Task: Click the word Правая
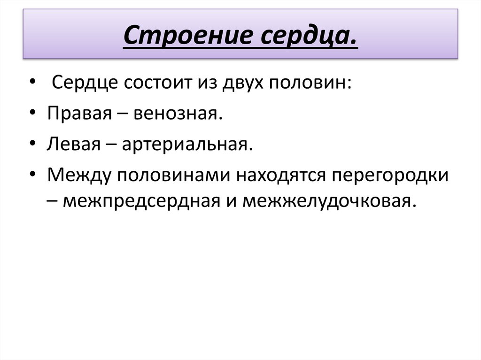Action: (x=77, y=114)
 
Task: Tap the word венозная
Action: (x=177, y=114)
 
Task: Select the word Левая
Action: (x=71, y=145)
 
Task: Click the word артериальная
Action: (x=185, y=145)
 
